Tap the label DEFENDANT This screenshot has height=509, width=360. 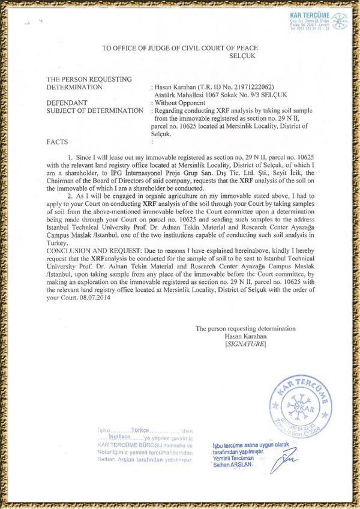pyautogui.click(x=66, y=103)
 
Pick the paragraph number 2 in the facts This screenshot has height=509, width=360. pyautogui.click(x=70, y=195)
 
